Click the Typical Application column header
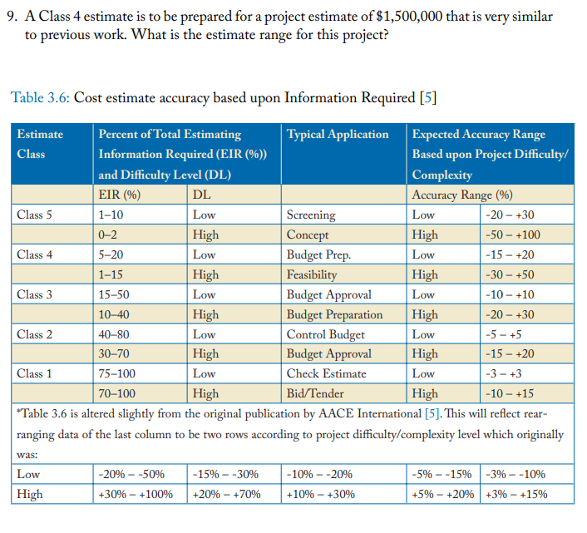coord(338,134)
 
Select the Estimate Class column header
coord(40,143)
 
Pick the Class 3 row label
coord(35,294)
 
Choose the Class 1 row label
coord(35,373)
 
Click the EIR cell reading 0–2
coord(109,234)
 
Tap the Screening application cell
coord(311,215)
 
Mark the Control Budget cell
coord(325,334)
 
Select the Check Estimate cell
coord(325,373)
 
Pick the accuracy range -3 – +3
coord(510,373)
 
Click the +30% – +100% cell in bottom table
coord(135,494)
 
